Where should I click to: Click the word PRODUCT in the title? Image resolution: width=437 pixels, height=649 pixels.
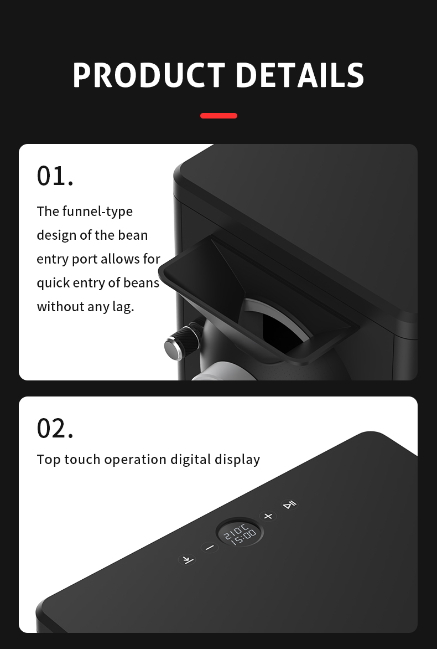pyautogui.click(x=149, y=75)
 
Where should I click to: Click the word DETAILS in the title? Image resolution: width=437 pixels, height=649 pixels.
pyautogui.click(x=300, y=75)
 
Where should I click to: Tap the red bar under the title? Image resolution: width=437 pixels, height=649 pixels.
pyautogui.click(x=218, y=116)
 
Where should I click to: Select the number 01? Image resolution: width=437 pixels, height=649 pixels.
pyautogui.click(x=55, y=176)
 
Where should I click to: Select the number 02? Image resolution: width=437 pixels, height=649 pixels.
pyautogui.click(x=55, y=428)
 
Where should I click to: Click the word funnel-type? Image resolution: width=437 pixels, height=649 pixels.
pyautogui.click(x=97, y=212)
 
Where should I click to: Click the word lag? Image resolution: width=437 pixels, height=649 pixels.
pyautogui.click(x=123, y=307)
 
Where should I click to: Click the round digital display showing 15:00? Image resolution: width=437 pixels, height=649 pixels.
pyautogui.click(x=240, y=532)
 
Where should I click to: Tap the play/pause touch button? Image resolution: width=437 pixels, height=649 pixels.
pyautogui.click(x=289, y=504)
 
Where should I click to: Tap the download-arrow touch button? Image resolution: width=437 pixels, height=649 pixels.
pyautogui.click(x=188, y=560)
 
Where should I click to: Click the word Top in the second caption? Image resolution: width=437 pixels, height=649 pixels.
pyautogui.click(x=49, y=460)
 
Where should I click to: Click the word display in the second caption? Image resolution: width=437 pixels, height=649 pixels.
pyautogui.click(x=237, y=460)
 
